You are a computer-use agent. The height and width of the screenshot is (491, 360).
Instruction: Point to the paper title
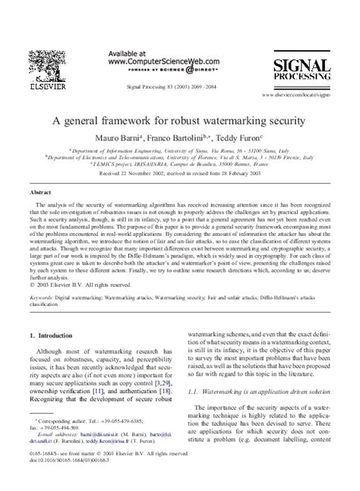pyautogui.click(x=178, y=120)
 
